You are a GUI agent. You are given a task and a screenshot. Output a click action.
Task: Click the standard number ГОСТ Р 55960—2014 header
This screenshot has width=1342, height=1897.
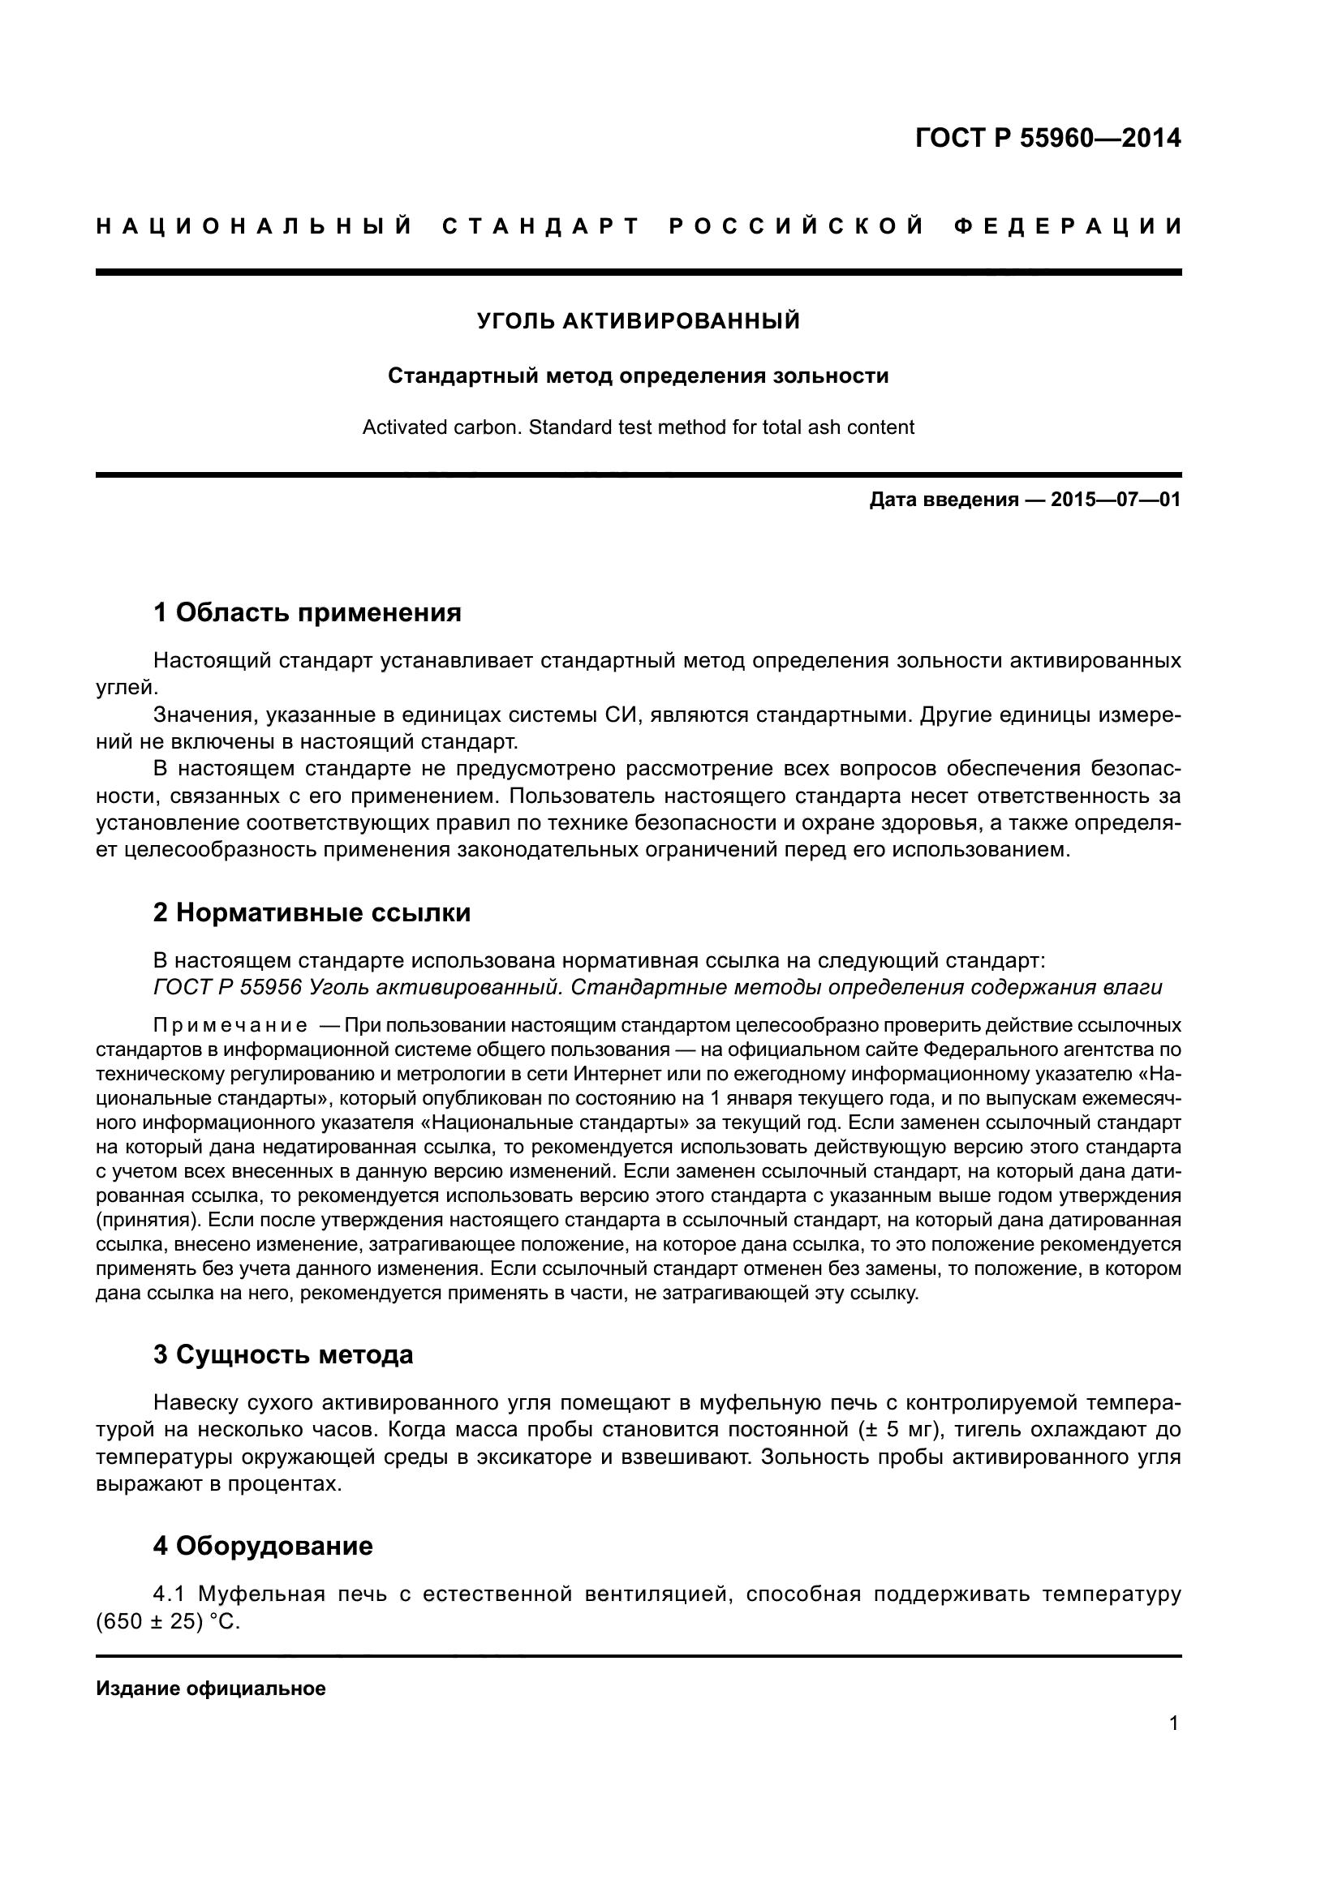tap(1047, 138)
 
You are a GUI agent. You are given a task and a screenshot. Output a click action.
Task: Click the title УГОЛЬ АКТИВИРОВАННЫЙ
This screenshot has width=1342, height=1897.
tap(638, 321)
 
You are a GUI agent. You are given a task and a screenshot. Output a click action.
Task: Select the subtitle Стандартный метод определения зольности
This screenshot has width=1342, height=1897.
tap(638, 376)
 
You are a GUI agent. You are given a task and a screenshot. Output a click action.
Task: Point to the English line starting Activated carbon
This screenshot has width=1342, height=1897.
tap(638, 427)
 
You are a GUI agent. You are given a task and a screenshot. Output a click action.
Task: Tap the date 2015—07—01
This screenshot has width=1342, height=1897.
tap(1115, 500)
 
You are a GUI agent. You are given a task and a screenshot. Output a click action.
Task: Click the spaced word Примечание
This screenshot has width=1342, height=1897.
tap(230, 1026)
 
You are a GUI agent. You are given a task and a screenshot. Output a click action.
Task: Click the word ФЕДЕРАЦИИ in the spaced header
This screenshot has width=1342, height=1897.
tap(1067, 226)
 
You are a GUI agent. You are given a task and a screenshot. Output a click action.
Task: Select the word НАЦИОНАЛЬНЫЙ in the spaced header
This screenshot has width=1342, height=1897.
tap(254, 226)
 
